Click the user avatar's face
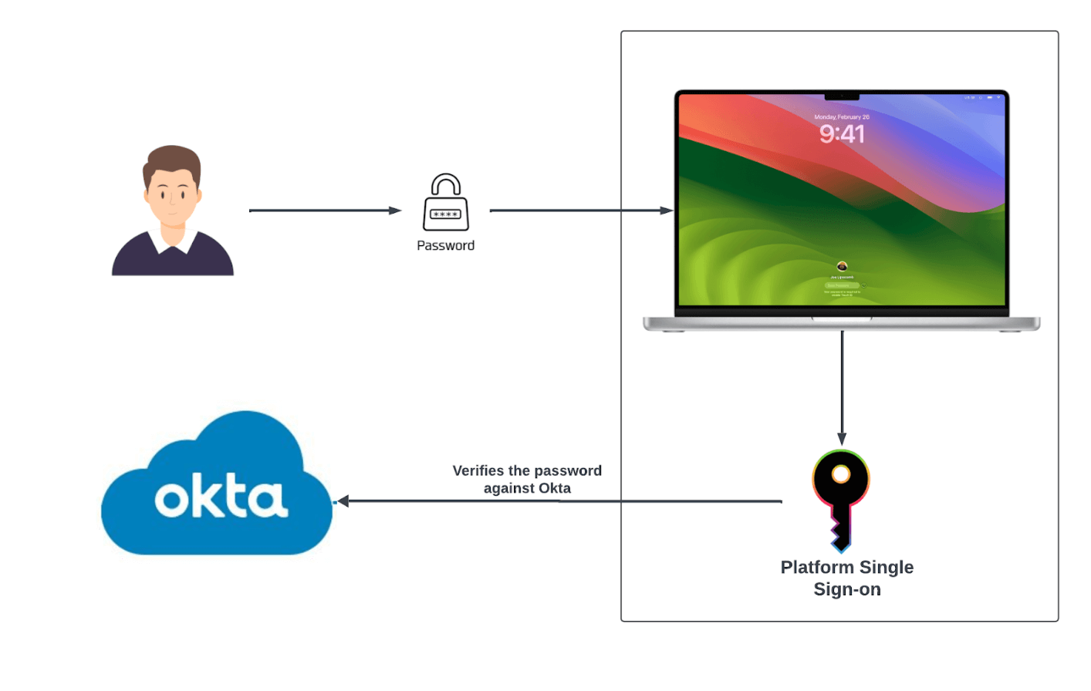coord(172,193)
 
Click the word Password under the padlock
coord(446,245)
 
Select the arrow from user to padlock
coord(324,211)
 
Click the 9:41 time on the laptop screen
coord(842,134)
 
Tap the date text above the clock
coord(842,117)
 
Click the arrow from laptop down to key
coord(842,386)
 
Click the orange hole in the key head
coord(841,474)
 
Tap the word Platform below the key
coord(817,568)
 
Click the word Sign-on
coord(847,590)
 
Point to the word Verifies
coord(478,470)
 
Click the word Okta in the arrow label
coord(555,488)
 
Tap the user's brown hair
coord(172,157)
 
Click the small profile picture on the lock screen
coord(842,267)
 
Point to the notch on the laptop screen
coord(842,96)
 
